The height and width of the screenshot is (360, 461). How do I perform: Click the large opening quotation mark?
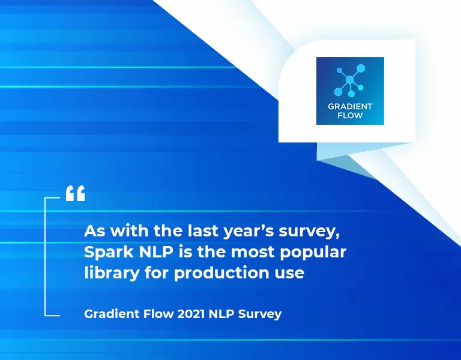[75, 193]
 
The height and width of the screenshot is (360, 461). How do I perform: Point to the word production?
[221, 274]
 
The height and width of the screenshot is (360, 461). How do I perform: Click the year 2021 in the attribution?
[191, 314]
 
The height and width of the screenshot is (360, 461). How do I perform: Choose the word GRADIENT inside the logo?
[350, 106]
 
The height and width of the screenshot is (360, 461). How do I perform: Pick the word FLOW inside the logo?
[350, 115]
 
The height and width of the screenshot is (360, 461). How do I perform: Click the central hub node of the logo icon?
[350, 80]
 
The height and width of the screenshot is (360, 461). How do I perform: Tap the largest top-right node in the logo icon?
[361, 68]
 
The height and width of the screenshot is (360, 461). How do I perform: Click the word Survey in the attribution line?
[260, 314]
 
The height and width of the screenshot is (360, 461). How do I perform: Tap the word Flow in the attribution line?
[158, 314]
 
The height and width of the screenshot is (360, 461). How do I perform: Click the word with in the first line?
[130, 231]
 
